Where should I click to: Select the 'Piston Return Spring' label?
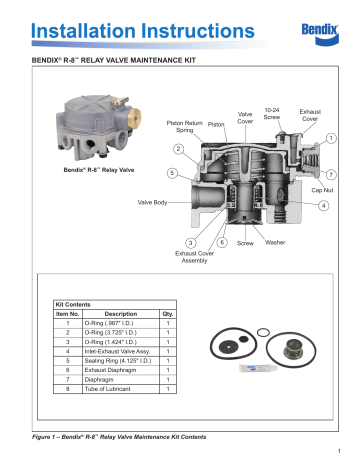pos(183,127)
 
